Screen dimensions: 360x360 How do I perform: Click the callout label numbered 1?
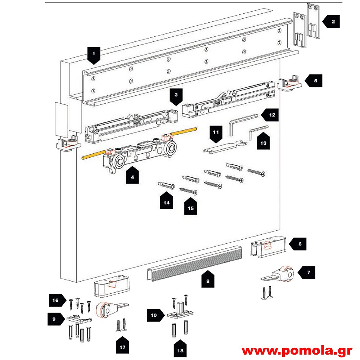94,55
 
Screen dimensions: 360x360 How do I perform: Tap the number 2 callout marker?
332,22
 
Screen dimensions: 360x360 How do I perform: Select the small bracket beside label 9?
77,319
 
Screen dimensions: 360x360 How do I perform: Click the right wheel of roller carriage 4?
170,148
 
